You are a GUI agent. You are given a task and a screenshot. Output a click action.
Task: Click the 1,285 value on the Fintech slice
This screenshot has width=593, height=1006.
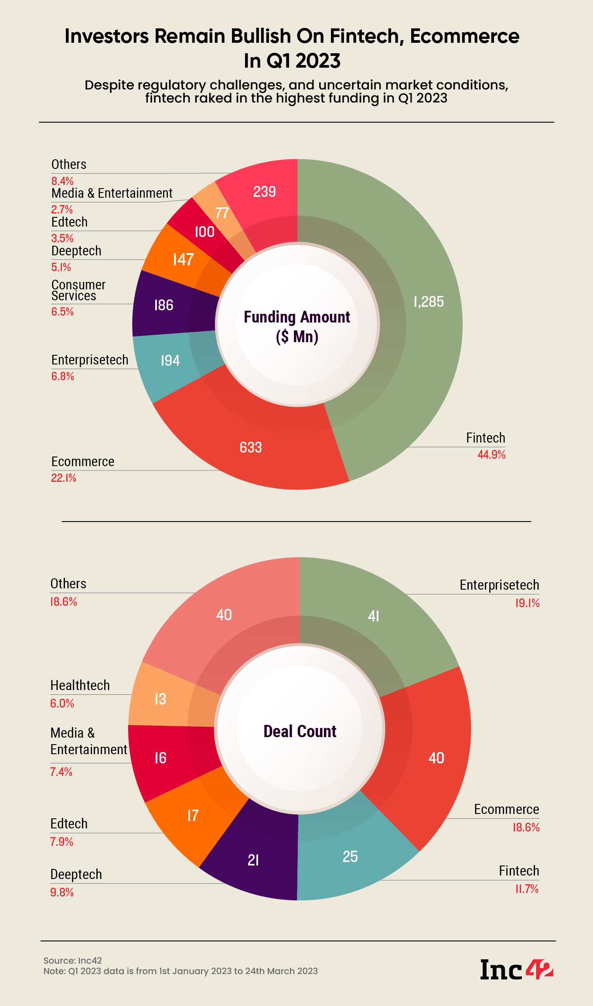[429, 302]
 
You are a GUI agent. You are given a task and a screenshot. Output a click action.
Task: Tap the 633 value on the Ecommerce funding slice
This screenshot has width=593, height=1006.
[251, 447]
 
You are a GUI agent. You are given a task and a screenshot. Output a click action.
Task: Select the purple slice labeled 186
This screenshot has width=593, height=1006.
[164, 305]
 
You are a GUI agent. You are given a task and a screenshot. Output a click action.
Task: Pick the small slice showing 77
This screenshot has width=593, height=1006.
[222, 213]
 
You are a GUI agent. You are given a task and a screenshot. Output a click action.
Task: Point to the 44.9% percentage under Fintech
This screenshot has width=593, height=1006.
[491, 455]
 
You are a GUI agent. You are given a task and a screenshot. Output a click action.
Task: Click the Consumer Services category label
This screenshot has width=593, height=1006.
[78, 290]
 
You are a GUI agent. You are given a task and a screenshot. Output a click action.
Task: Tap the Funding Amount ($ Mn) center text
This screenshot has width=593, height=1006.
[297, 326]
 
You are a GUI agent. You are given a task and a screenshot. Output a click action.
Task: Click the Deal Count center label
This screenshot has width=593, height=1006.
[300, 731]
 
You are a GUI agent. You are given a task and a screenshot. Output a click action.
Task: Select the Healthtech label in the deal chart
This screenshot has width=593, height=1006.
[80, 685]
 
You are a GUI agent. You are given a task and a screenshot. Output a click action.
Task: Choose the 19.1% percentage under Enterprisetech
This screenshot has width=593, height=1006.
[527, 603]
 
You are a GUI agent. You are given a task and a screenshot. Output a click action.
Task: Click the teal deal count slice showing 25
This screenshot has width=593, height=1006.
[350, 856]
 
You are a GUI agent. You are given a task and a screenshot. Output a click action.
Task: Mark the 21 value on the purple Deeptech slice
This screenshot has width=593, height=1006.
[253, 860]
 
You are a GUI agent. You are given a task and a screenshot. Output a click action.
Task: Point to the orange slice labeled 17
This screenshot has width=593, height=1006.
[193, 815]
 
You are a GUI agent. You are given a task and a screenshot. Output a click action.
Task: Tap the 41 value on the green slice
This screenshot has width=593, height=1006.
[374, 616]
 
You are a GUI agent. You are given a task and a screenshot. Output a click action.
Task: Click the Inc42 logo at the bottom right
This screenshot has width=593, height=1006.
[517, 969]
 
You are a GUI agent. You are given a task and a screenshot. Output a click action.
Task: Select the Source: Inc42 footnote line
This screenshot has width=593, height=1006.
[73, 960]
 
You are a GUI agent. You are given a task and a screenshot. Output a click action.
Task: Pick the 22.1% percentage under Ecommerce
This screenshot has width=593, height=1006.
[64, 478]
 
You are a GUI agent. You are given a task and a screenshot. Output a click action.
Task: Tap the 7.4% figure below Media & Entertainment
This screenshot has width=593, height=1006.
[61, 772]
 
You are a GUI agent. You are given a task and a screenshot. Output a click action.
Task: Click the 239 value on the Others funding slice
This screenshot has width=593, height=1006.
[264, 192]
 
